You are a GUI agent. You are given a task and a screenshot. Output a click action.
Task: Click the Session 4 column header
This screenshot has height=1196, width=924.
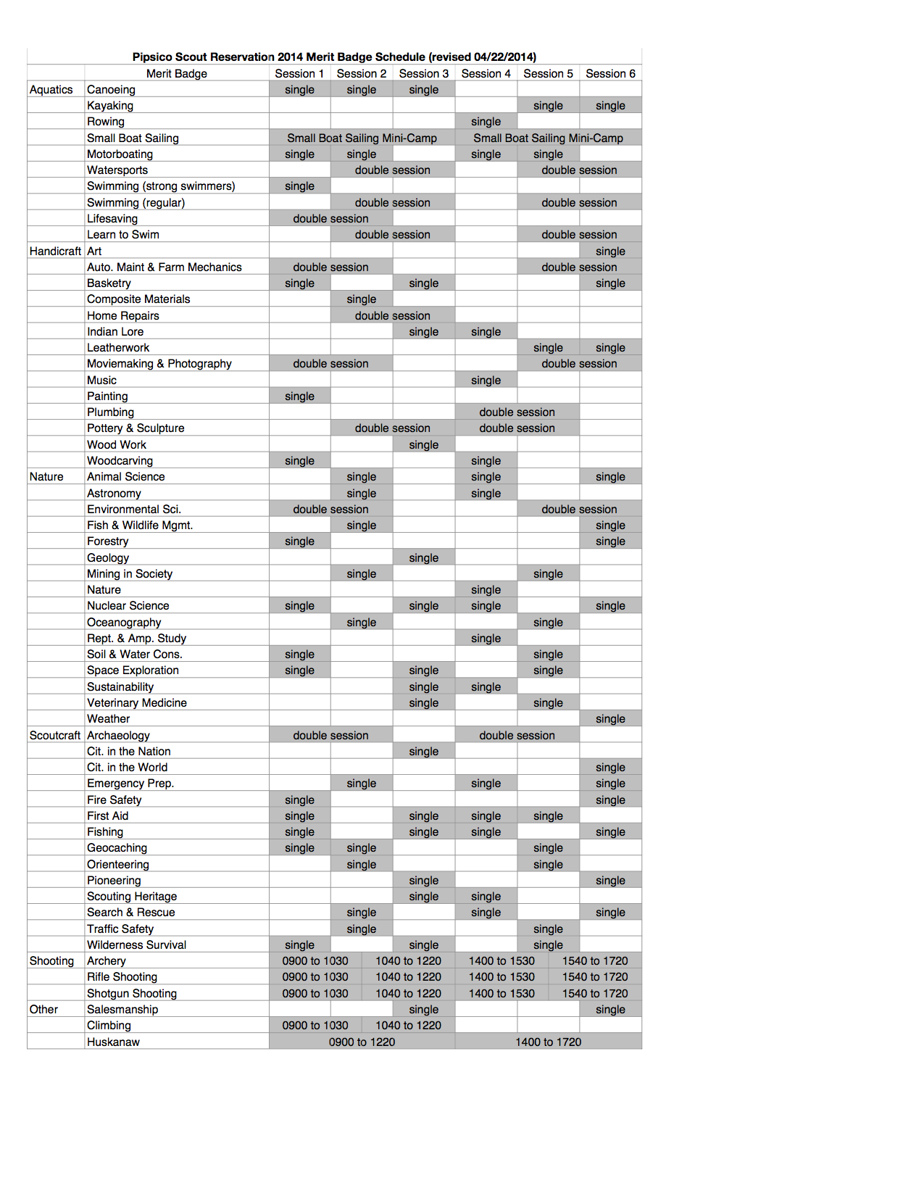click(x=486, y=74)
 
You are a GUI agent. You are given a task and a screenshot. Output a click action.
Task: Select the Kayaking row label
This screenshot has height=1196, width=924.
click(x=110, y=106)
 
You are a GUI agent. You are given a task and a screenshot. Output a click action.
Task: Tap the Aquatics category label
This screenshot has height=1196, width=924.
click(x=51, y=90)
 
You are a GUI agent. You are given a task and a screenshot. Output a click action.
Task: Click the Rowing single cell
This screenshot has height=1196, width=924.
click(x=486, y=122)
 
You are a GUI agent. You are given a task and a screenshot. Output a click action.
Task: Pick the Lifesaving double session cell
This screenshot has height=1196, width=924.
click(x=330, y=219)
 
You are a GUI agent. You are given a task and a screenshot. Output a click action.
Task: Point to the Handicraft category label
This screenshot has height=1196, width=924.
click(x=55, y=252)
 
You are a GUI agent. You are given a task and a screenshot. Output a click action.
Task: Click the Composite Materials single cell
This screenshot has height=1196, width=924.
click(x=361, y=299)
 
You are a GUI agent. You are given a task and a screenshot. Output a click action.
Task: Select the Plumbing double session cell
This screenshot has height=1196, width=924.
click(x=517, y=412)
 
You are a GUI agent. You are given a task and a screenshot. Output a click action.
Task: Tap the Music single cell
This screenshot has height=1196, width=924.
click(x=486, y=381)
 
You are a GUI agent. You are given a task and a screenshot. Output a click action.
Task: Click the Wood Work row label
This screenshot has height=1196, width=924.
click(x=117, y=445)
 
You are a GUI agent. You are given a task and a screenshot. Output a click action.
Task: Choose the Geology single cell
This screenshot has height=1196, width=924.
click(x=423, y=558)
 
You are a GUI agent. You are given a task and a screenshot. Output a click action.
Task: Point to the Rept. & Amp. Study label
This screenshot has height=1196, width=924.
click(x=136, y=639)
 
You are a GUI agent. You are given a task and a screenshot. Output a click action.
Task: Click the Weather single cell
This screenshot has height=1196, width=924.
click(x=610, y=719)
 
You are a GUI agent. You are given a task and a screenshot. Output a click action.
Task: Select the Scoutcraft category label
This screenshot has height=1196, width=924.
click(x=55, y=736)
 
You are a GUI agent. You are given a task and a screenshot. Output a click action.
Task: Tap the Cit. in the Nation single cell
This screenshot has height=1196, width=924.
click(x=423, y=752)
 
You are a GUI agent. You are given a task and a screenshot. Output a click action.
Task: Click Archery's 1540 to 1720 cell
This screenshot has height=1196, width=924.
click(x=595, y=961)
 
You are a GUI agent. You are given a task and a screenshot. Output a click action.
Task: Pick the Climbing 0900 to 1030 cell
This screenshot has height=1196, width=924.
click(x=315, y=1026)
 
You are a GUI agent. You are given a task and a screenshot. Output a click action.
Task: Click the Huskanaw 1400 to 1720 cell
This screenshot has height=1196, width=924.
click(x=548, y=1042)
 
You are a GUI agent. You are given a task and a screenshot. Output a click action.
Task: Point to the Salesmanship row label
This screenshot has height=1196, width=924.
click(x=122, y=1010)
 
